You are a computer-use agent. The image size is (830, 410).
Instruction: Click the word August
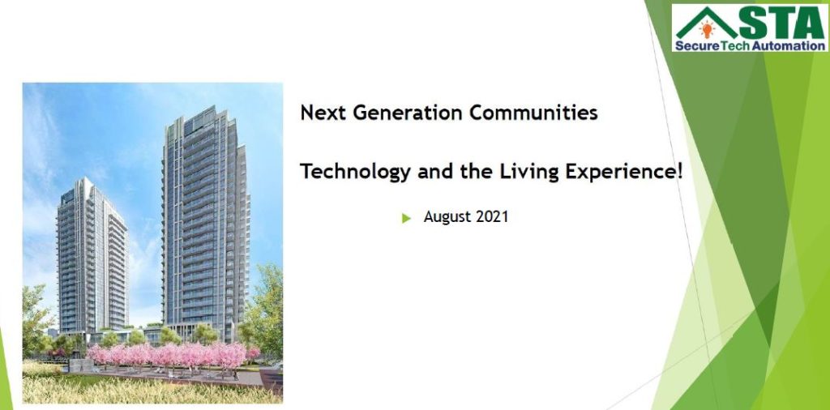447,217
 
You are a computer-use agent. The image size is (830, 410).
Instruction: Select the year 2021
492,217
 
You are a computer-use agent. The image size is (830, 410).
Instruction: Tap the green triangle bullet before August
406,218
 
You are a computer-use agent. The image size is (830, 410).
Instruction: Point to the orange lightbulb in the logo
707,29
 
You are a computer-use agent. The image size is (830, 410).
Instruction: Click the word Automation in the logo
789,46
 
